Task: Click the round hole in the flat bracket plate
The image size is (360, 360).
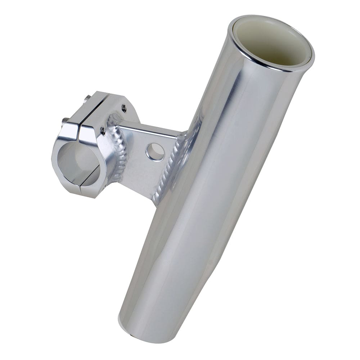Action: pos(155,152)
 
